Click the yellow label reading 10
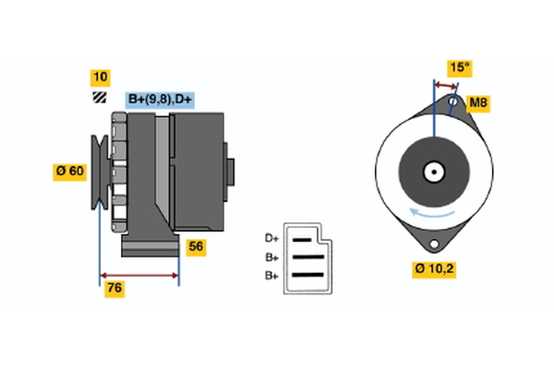[101, 77]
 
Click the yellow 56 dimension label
[196, 246]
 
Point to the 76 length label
[114, 289]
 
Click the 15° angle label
[460, 67]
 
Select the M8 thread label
[478, 102]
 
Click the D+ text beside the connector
[271, 238]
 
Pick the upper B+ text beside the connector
[271, 257]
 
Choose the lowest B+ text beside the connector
[271, 275]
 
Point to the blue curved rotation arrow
[432, 214]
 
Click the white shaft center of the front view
[432, 172]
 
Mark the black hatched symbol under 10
[99, 98]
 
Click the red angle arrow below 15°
[445, 84]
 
